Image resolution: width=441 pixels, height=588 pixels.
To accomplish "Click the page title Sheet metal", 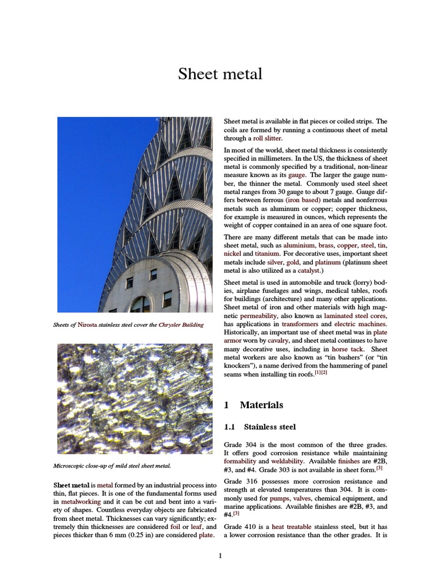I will pos(220,74).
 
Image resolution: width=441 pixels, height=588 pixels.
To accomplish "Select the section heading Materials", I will pos(261,405).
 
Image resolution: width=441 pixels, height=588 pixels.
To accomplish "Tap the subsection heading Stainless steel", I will pos(269,427).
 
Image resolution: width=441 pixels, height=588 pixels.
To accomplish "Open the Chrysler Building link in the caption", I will pos(181,325).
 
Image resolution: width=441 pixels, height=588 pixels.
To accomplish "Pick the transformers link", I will pos(300,324).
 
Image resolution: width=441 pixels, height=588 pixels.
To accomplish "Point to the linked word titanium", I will pos(268,253).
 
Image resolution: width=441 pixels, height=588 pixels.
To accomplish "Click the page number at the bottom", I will pos(220,555).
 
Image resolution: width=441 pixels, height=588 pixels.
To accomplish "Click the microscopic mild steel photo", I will pos(126,399).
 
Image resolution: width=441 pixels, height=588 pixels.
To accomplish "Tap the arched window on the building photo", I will pos(140,304).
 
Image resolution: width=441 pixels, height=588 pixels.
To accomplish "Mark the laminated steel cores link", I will pos(355,315).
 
